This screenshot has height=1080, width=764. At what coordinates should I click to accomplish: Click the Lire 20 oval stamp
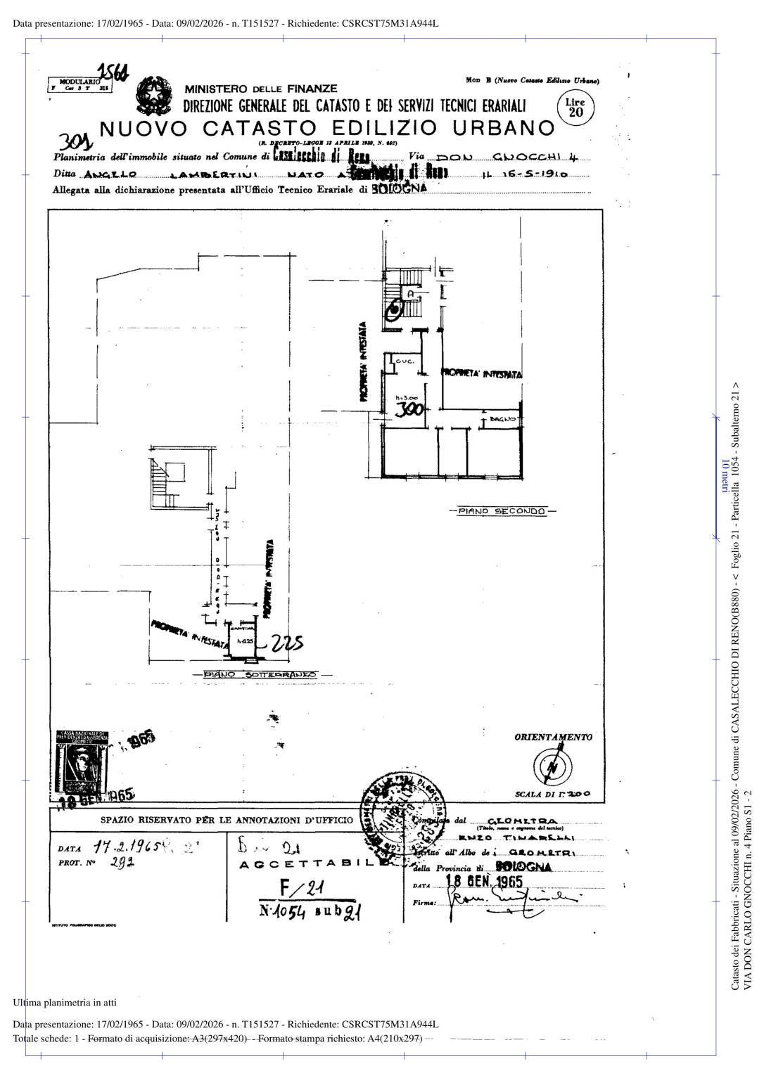tap(575, 108)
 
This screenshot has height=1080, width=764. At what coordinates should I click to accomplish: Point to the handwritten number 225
tap(286, 643)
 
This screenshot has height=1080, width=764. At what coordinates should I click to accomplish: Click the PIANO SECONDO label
tap(502, 511)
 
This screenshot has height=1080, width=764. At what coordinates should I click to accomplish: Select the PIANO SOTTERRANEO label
tap(260, 675)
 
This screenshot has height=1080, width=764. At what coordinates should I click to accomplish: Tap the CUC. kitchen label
tap(405, 361)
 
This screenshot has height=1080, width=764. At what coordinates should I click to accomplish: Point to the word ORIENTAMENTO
tap(553, 737)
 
